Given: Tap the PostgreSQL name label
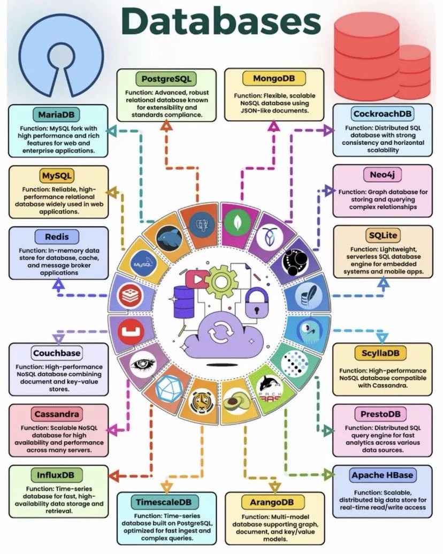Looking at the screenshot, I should point(166,79).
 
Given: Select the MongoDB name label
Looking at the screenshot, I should point(273,79).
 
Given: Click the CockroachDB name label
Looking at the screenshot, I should point(383,114).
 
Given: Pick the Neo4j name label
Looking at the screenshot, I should point(382,174).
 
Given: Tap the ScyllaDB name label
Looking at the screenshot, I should point(381,353).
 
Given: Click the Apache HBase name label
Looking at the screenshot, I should point(383,475).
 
